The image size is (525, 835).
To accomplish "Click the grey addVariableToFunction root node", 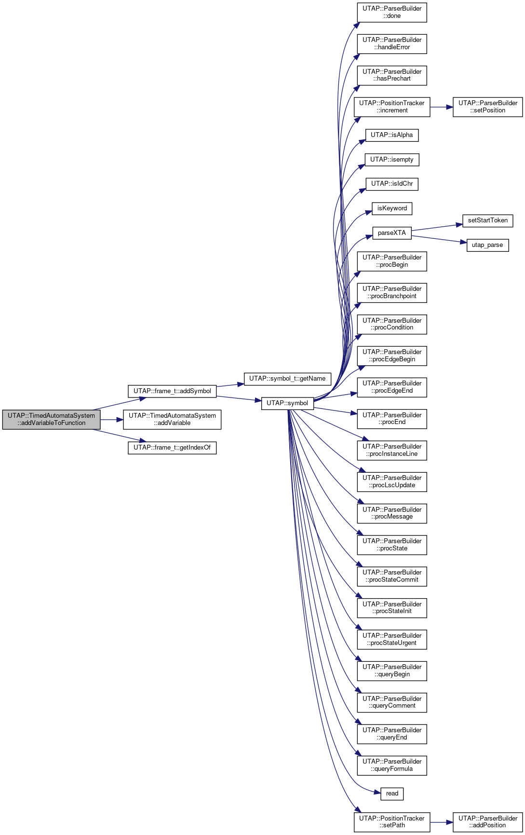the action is point(51,420).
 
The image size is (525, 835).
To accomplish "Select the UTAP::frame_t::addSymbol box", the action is point(172,391).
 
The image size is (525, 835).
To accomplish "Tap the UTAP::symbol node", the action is point(287,403).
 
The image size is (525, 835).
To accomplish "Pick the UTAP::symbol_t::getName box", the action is point(287,379).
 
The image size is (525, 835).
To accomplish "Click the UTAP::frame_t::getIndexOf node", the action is point(172,448).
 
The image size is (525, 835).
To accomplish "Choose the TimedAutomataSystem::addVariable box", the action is point(172,420).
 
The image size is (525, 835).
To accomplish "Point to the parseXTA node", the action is point(392,233).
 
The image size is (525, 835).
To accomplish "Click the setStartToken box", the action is point(488,220).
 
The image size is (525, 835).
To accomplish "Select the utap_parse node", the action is point(487,245).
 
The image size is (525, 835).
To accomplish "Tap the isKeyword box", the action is point(392,208).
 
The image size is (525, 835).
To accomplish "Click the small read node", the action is point(392,794).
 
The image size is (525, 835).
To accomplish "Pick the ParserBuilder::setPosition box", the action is point(488,107).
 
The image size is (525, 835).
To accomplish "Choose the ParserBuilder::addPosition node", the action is point(488,822).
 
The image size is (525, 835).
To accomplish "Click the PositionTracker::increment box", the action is point(392,107).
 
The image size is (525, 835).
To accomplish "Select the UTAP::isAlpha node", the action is point(392,135).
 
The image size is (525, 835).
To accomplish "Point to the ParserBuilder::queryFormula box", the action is point(392,766).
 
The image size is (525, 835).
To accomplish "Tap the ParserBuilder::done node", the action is point(392,13).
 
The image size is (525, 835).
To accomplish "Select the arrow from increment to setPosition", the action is point(442,107).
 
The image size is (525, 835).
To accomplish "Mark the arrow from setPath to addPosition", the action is point(442,822).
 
